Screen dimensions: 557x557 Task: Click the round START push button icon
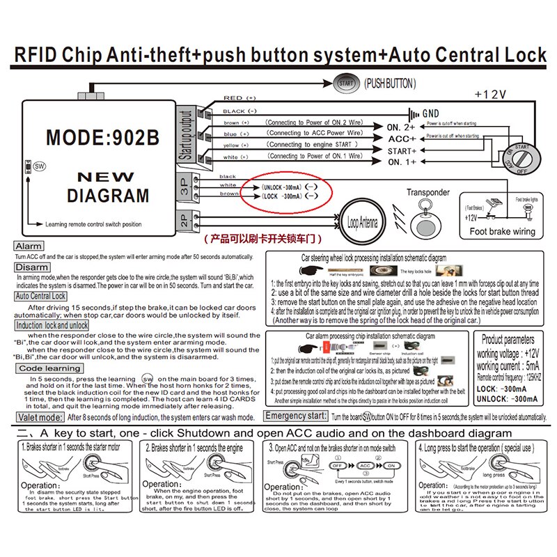pos(345,82)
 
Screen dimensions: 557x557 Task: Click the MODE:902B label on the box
pos(102,137)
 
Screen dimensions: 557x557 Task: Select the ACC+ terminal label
pos(402,139)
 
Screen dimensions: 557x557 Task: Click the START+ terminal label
pos(402,150)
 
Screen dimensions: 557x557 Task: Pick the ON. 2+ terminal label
pos(402,127)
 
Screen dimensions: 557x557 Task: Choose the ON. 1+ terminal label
pos(402,162)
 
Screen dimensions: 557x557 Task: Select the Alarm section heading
pos(29,246)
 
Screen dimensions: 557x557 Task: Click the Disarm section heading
pos(31,267)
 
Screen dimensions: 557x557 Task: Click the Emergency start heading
pos(295,416)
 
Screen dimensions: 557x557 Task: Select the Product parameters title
pos(509,340)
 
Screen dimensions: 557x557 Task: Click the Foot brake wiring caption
pos(502,231)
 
